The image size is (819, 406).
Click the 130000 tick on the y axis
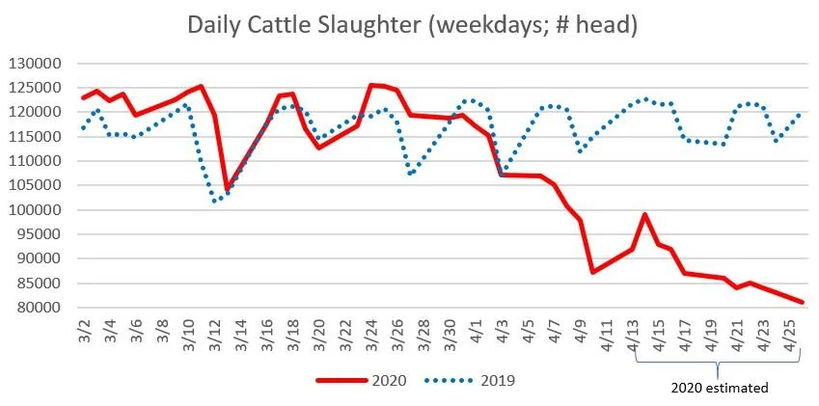pos(32,64)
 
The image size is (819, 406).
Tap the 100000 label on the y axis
pos(32,210)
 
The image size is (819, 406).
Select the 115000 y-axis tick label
pos(32,137)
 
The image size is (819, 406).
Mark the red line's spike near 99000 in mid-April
pos(644,214)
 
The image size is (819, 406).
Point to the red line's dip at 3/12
pos(227,189)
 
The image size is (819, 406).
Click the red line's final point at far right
pos(803,302)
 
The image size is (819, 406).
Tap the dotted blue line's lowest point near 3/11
pos(214,201)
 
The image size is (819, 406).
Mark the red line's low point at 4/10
pos(592,272)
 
